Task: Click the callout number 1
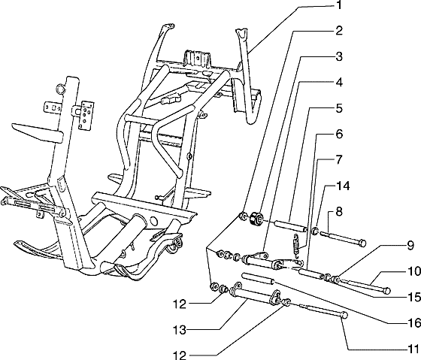pyautogui.click(x=339, y=5)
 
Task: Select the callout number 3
pyautogui.click(x=339, y=57)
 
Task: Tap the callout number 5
pyautogui.click(x=339, y=108)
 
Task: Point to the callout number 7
pyautogui.click(x=339, y=160)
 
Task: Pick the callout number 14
pyautogui.click(x=343, y=186)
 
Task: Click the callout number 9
pyautogui.click(x=410, y=246)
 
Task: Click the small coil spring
pyautogui.click(x=295, y=246)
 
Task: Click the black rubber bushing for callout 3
pyautogui.click(x=256, y=219)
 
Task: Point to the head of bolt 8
pyautogui.click(x=362, y=244)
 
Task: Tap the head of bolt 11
pyautogui.click(x=344, y=316)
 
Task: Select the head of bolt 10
pyautogui.click(x=386, y=291)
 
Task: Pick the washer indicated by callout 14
pyautogui.click(x=315, y=231)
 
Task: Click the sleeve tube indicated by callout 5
pyautogui.click(x=290, y=225)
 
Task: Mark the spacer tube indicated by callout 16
pyautogui.click(x=258, y=278)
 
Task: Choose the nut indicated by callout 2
pyautogui.click(x=243, y=216)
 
